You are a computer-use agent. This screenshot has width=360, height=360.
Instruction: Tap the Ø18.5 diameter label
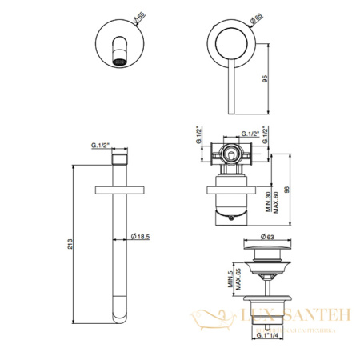[x=141, y=237]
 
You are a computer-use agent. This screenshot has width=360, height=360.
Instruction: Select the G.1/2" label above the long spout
[x=101, y=145]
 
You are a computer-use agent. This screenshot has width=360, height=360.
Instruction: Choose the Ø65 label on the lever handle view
[x=254, y=14]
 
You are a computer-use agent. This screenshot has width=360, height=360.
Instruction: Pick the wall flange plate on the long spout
[x=120, y=189]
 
